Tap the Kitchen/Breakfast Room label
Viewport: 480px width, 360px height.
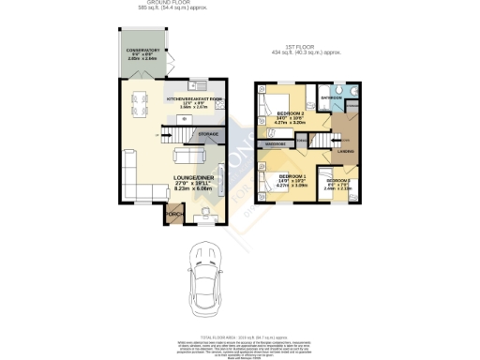click(x=194, y=98)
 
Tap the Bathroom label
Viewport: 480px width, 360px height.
click(x=331, y=97)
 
